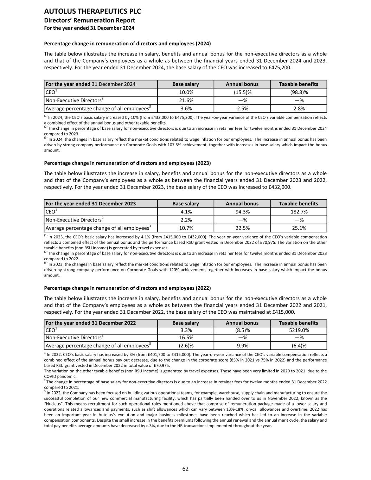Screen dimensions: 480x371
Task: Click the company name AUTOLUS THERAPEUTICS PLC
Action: pos(92,11)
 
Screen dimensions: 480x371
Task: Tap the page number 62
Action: pos(185,469)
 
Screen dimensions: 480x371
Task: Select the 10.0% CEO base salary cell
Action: pos(186,92)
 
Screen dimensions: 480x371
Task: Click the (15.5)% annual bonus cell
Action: pos(242,92)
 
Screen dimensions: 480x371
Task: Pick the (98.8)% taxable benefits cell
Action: pos(298,92)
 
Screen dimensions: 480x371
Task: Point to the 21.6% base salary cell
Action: pos(186,100)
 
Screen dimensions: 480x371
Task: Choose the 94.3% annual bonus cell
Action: pos(242,212)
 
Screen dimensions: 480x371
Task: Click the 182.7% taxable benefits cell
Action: pos(298,212)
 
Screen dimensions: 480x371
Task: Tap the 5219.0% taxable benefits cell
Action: pos(298,330)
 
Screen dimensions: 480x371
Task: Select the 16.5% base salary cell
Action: pos(186,338)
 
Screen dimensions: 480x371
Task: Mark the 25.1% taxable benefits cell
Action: pos(298,228)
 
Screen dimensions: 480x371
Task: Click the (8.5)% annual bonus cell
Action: pos(242,330)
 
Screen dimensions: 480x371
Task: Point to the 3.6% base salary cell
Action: pos(186,108)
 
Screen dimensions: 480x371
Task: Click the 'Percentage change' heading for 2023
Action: pos(127,163)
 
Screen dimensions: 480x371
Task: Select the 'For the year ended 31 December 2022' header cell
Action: pos(91,323)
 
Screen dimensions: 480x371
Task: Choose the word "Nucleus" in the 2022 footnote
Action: pos(54,404)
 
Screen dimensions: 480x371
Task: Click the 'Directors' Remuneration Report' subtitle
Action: pos(89,20)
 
